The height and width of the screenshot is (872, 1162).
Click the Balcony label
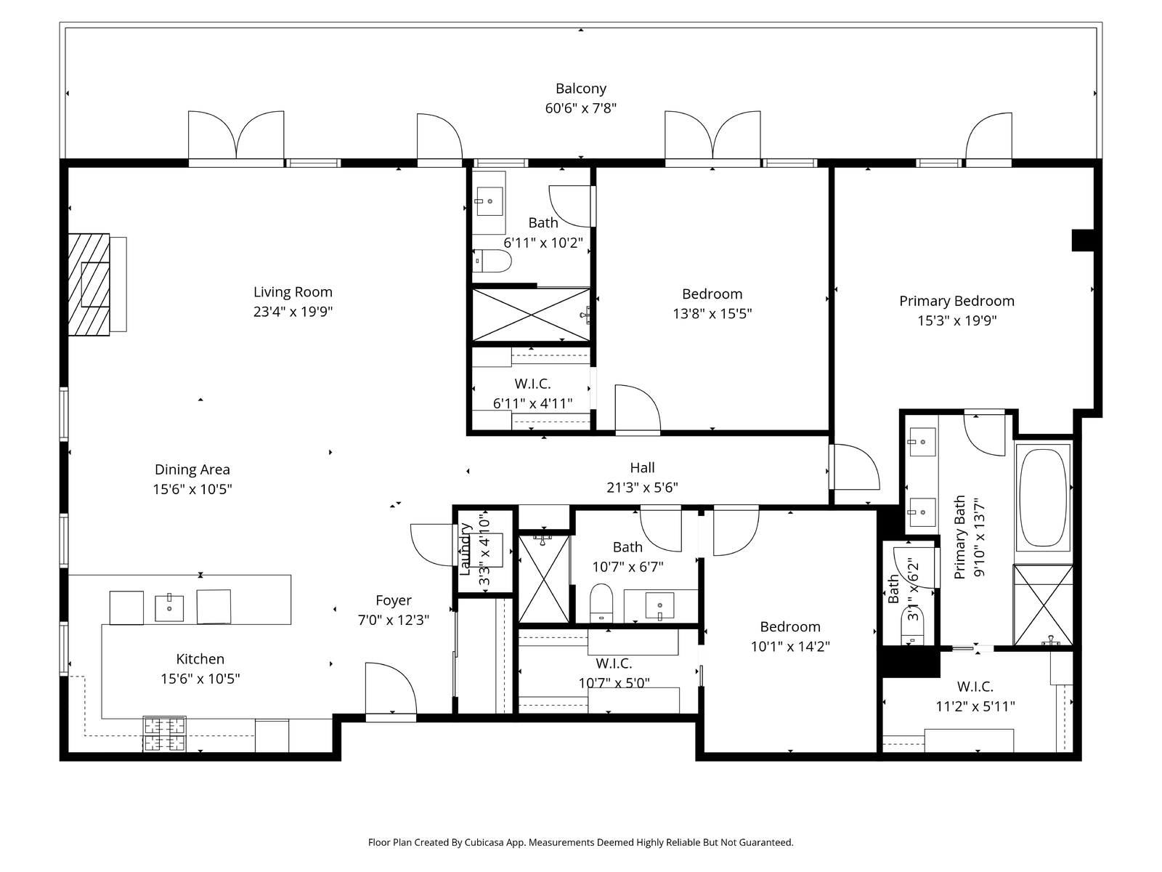(581, 89)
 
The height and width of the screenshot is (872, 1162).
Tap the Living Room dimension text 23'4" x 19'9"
(293, 311)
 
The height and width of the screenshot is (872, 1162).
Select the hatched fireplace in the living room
(89, 285)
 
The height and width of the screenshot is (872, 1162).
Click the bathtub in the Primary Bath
(1043, 498)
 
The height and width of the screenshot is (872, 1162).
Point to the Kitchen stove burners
(165, 734)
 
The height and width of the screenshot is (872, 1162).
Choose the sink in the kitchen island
(169, 607)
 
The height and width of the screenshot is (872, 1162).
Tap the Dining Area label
(192, 469)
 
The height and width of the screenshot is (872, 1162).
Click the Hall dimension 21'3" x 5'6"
(642, 487)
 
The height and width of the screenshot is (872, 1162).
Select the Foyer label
(394, 600)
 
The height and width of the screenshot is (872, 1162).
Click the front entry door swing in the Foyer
(391, 688)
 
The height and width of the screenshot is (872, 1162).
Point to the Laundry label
(465, 549)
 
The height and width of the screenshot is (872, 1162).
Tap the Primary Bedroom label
(956, 301)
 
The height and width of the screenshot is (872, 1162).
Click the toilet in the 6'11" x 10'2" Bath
(492, 261)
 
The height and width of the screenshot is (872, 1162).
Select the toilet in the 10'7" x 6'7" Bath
(601, 604)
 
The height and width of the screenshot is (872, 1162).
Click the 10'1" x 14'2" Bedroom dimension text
(790, 647)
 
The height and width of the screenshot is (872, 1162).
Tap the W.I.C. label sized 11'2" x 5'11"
(975, 687)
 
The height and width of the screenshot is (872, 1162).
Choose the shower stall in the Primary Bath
(1043, 605)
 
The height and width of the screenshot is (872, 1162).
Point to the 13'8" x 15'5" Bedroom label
(712, 294)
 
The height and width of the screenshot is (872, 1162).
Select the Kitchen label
(200, 659)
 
